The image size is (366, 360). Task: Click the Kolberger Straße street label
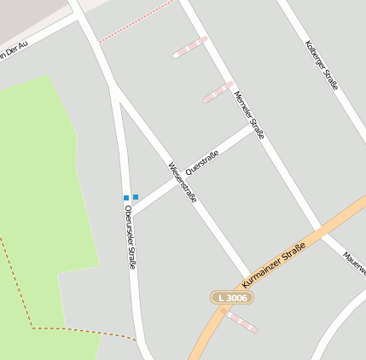click(x=322, y=66)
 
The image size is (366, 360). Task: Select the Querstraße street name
click(x=202, y=162)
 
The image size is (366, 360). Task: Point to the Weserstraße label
click(x=183, y=182)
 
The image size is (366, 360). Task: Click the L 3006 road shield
click(x=232, y=297)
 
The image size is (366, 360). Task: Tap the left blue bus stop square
click(x=126, y=198)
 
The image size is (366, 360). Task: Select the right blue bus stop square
click(x=136, y=197)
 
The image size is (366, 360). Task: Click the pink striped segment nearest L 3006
click(x=241, y=321)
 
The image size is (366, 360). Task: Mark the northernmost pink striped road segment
click(x=190, y=47)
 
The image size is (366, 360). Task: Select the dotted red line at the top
click(x=136, y=22)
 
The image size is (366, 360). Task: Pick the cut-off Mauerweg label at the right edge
click(x=354, y=263)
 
